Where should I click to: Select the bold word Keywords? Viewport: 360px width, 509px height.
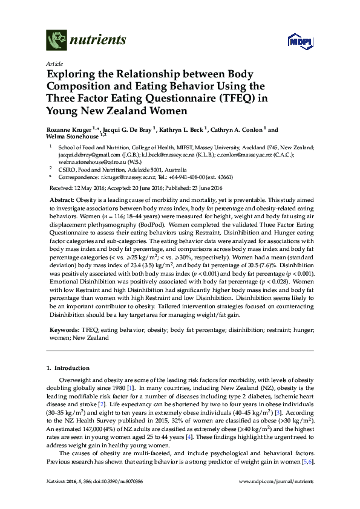click(64, 332)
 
